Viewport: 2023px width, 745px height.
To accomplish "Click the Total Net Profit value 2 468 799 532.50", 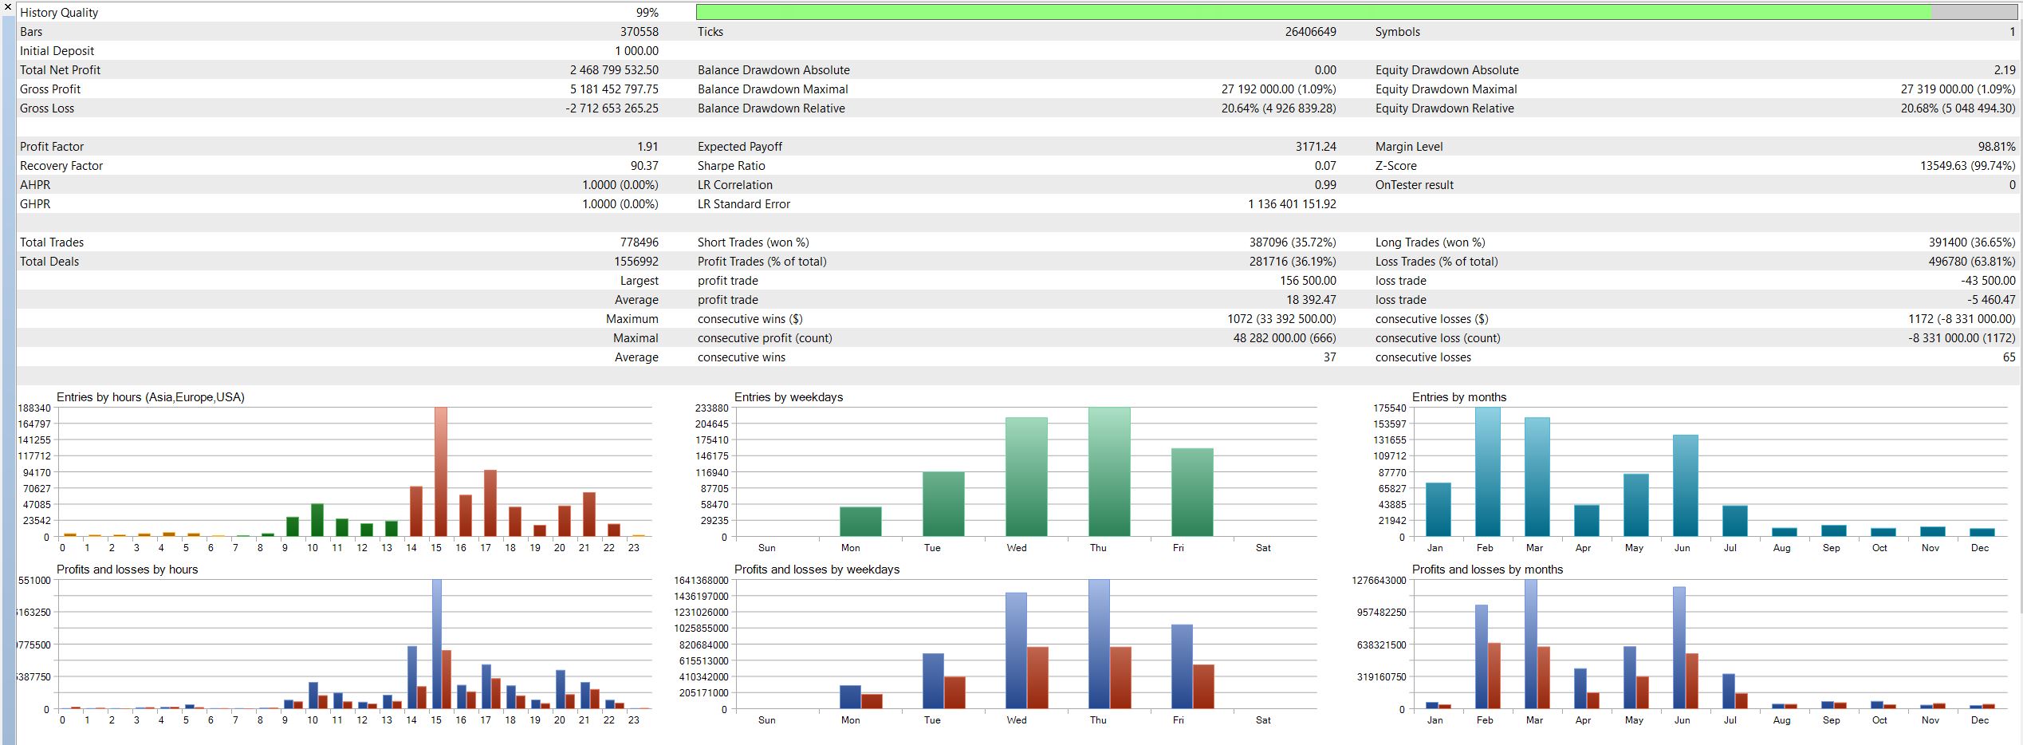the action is coord(614,70).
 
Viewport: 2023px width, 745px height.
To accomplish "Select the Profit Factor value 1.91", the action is coord(647,147).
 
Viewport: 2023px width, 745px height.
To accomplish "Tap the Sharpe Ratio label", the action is coord(731,166).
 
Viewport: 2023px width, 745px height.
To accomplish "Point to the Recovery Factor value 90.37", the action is coord(644,166).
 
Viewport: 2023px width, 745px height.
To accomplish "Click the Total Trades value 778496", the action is coord(640,242).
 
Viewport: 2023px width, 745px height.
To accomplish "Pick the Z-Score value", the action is coord(1967,166).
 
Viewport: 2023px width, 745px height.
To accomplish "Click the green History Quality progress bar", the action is coord(1313,12).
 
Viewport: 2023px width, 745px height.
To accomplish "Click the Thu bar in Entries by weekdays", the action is coord(1109,471).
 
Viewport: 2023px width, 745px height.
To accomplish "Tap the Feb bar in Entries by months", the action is coord(1488,471).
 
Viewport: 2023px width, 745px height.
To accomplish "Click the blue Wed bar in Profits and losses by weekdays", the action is coord(1016,650).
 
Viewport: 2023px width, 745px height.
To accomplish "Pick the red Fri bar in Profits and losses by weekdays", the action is coord(1203,687).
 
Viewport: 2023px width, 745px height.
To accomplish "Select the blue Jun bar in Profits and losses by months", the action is coord(1679,648).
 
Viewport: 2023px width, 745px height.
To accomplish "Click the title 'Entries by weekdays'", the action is coord(789,397).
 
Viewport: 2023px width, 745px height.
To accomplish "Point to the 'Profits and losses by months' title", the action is coord(1487,570).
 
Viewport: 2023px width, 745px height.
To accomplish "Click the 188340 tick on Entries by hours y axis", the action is coord(34,408).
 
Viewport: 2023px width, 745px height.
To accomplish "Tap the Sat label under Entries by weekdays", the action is coord(1263,548).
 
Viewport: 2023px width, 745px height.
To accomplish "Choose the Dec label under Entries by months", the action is coord(1980,548).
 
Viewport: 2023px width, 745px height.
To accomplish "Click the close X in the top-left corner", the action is coord(8,7).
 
